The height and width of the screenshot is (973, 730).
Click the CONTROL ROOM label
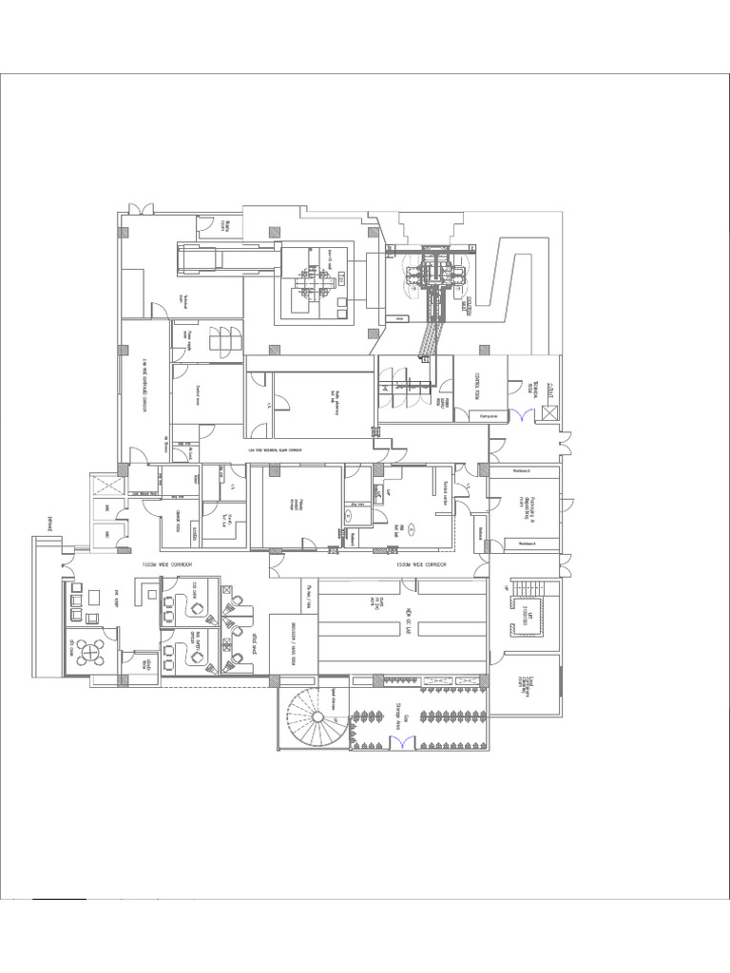[x=470, y=386]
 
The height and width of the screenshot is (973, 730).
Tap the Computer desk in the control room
[x=490, y=415]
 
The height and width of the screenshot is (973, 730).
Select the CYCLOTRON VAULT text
[x=468, y=309]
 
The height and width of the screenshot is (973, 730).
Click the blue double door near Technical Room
[x=518, y=414]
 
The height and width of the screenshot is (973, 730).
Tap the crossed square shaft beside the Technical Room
[x=549, y=413]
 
